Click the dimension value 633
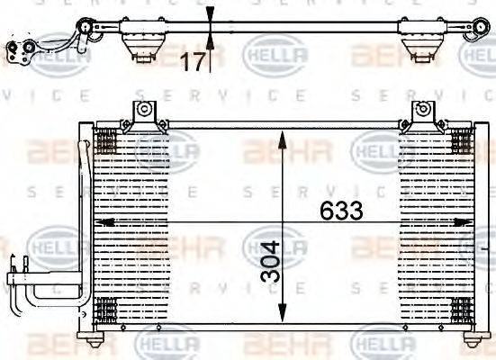[x=341, y=211]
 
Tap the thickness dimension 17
[x=194, y=61]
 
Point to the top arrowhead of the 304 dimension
[x=283, y=137]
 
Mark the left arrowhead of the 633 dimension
[x=101, y=221]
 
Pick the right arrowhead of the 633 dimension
[x=467, y=221]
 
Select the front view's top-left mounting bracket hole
[x=141, y=110]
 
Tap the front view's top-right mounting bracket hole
[x=419, y=110]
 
